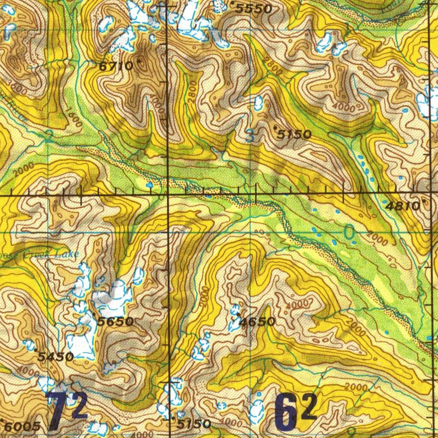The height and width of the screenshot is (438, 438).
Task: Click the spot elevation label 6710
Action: click(x=112, y=66)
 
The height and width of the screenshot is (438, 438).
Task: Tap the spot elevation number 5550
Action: click(x=254, y=9)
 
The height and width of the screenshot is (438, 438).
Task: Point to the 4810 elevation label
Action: click(x=403, y=206)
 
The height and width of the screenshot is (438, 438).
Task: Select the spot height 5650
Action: click(x=115, y=321)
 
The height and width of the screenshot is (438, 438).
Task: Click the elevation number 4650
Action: click(x=257, y=322)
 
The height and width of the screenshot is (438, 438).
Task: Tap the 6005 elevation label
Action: click(x=24, y=426)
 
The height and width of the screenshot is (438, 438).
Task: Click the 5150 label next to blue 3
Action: click(x=294, y=135)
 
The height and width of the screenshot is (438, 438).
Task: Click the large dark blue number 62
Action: click(x=295, y=411)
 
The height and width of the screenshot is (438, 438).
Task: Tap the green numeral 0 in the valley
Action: click(x=349, y=233)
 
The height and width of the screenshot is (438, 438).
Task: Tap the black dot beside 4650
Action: click(x=238, y=315)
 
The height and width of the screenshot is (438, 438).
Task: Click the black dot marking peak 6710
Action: click(x=138, y=61)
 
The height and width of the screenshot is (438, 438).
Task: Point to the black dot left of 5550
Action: click(x=232, y=3)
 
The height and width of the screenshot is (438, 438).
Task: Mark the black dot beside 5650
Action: click(x=94, y=315)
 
